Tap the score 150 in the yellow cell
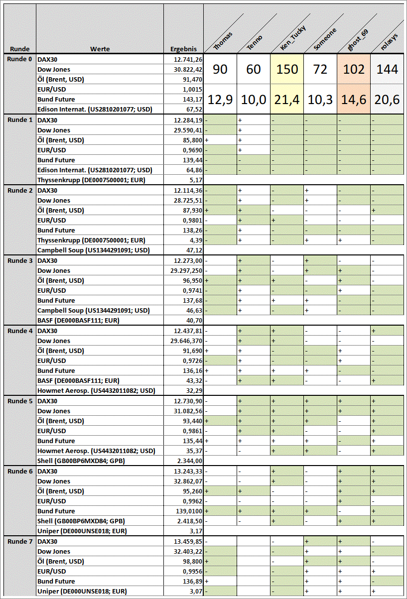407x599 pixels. (x=287, y=69)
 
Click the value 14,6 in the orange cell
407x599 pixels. (x=354, y=100)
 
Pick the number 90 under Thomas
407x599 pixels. (x=220, y=69)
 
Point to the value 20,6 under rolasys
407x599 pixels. (x=387, y=100)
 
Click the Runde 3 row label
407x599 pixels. (x=20, y=260)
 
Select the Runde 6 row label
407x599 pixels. (x=20, y=471)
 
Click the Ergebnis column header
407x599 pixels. (x=183, y=49)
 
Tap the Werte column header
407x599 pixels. (x=100, y=49)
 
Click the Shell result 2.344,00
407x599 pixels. (x=189, y=461)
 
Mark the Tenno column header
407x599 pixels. (x=255, y=42)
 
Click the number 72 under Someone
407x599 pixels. (x=320, y=69)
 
